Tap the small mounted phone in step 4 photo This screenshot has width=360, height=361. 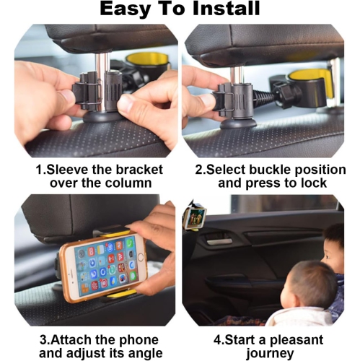pos(194,217)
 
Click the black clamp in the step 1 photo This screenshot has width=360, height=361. pos(95,94)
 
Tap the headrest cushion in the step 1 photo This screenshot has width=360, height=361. pos(101,40)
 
